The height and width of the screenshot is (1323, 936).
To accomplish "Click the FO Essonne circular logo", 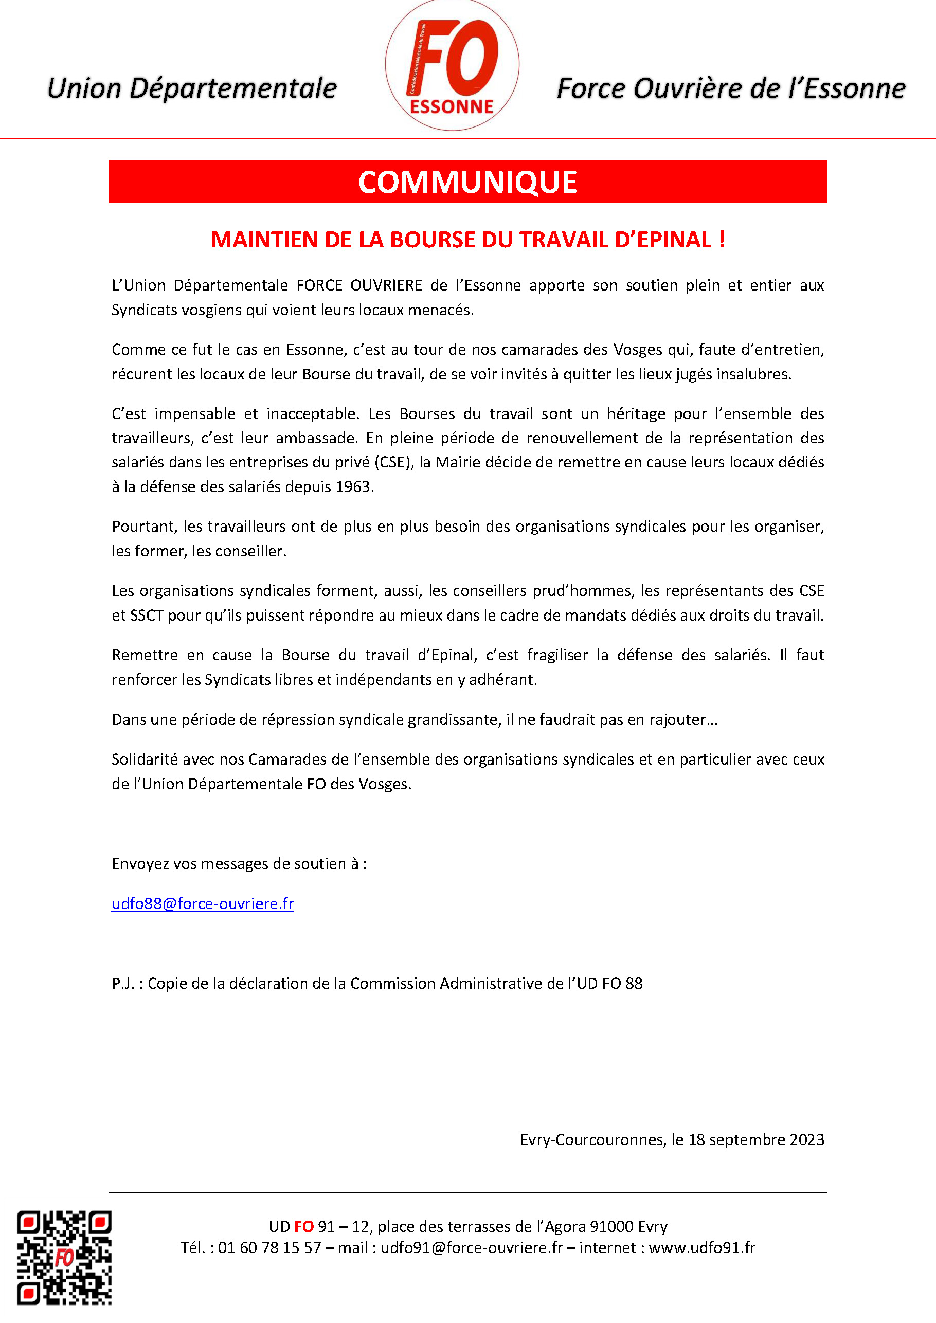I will click(x=452, y=66).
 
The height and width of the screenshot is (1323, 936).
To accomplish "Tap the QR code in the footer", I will click(x=64, y=1257).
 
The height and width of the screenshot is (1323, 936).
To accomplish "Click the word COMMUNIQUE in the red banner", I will click(x=467, y=182).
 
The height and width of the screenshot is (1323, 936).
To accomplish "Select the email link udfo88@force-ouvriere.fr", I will click(x=202, y=903).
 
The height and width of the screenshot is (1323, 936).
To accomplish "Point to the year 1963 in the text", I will click(x=353, y=487).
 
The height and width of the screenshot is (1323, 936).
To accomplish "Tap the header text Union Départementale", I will click(x=192, y=88).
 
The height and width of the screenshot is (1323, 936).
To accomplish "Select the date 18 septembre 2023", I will click(x=756, y=1140).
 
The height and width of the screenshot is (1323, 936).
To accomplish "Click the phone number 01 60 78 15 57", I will click(x=269, y=1248).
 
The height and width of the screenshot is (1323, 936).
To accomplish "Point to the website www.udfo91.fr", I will click(x=702, y=1248).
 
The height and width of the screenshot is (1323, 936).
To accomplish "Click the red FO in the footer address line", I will click(x=304, y=1227).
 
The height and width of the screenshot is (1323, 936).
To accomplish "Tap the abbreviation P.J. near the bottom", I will click(x=123, y=983).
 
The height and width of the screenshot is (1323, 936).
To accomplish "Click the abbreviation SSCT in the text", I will click(x=147, y=615).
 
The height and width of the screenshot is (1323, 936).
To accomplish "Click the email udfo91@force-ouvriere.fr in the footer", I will click(x=472, y=1248).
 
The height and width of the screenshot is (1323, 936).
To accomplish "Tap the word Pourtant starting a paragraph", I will click(x=144, y=527).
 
